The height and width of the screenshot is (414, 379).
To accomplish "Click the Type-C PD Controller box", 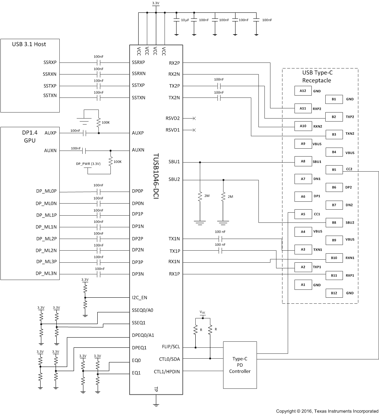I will tap(240, 365).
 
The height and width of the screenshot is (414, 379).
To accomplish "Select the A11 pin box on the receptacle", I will tap(303, 108).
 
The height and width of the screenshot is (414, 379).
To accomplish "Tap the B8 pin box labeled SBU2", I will tap(334, 222).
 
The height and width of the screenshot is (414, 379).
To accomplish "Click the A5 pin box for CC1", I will tap(303, 214).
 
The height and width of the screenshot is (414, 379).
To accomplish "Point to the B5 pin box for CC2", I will tap(334, 169).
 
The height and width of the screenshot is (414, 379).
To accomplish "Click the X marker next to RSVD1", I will tap(194, 130).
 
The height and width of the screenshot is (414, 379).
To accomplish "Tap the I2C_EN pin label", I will tap(139, 297).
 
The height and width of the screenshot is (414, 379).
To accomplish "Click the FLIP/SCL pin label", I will tap(171, 347).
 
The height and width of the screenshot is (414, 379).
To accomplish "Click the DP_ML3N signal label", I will tap(46, 274).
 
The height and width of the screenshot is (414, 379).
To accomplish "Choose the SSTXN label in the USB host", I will tap(50, 97).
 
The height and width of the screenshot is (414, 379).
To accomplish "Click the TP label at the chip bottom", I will tap(156, 389).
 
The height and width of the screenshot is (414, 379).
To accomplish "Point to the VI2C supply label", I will tap(202, 312).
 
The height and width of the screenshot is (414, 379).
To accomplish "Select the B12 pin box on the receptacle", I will tap(334, 293).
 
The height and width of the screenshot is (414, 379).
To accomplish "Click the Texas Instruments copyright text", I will tap(327, 411).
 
